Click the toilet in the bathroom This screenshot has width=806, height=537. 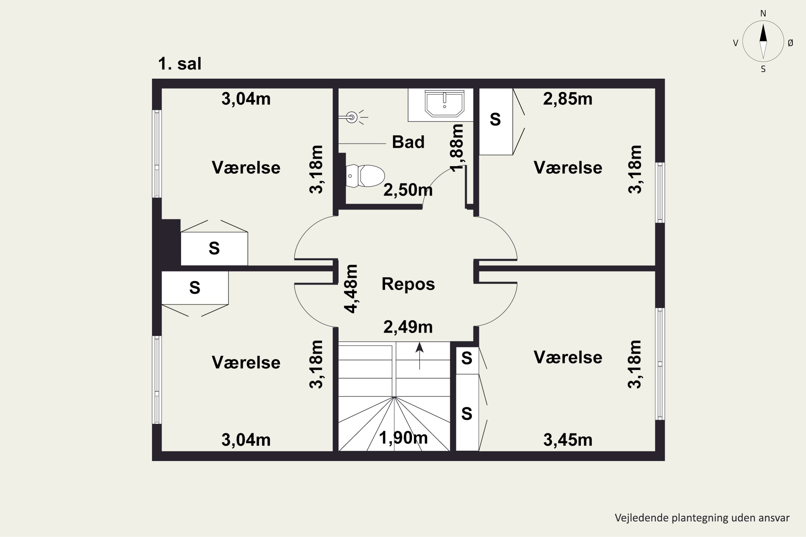(x=365, y=176)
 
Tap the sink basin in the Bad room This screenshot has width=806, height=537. (x=444, y=103)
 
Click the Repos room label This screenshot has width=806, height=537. (x=408, y=284)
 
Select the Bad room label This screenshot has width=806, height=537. (x=408, y=142)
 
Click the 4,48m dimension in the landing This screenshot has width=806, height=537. (x=351, y=289)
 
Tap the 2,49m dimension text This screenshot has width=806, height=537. (x=408, y=327)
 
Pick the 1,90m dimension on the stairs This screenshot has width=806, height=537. (x=403, y=438)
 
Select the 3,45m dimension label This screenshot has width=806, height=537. (x=568, y=440)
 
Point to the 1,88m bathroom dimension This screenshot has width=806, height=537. (x=457, y=148)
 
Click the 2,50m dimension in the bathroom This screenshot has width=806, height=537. (x=408, y=190)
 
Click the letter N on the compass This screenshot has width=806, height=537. (x=763, y=13)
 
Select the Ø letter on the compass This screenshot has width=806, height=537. (x=790, y=43)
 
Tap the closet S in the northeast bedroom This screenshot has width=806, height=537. (x=495, y=119)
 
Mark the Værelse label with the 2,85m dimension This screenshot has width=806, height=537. (x=568, y=168)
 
